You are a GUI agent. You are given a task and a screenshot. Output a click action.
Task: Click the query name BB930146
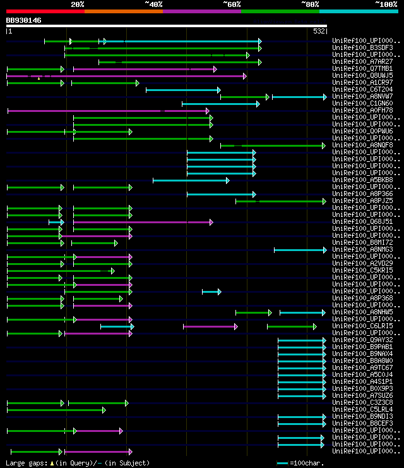[x=24, y=20]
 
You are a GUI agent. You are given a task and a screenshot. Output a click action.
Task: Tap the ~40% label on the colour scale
[x=153, y=4]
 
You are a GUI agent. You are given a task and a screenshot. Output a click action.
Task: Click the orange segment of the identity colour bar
[x=124, y=11]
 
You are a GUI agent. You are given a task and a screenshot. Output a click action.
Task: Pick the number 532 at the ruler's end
[x=319, y=30]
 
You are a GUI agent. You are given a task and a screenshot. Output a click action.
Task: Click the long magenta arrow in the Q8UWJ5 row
[x=126, y=76]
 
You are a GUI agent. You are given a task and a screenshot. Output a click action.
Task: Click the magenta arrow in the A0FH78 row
[x=107, y=111]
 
